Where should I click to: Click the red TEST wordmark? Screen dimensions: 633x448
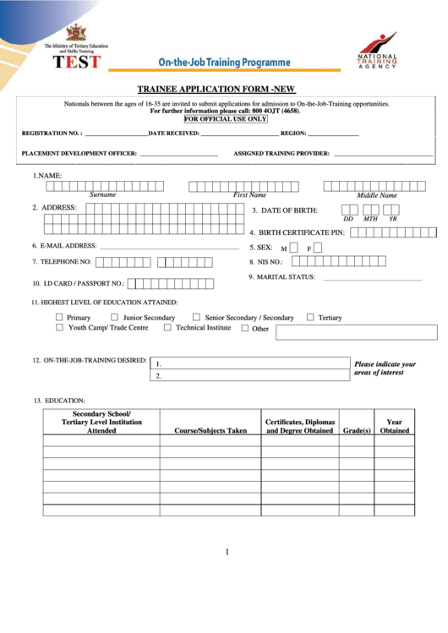pos(76,62)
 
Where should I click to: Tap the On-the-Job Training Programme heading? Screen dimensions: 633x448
pos(223,63)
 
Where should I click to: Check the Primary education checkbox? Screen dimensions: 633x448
pos(59,317)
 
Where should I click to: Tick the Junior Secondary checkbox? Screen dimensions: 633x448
pos(115,317)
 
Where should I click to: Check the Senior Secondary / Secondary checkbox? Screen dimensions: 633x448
pos(196,317)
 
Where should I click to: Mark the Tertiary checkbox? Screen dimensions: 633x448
pos(310,317)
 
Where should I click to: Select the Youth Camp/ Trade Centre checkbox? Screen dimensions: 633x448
pos(59,327)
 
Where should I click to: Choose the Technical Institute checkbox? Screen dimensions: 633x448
pos(167,327)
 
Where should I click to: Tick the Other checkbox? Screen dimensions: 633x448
pos(245,328)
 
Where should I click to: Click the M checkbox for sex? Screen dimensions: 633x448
pos(295,248)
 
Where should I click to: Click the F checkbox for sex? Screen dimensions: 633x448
pos(319,248)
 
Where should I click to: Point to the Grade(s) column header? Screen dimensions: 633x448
pos(357,430)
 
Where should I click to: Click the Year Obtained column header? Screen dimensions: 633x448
pos(394,426)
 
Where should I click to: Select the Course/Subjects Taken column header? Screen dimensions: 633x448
pos(210,430)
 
